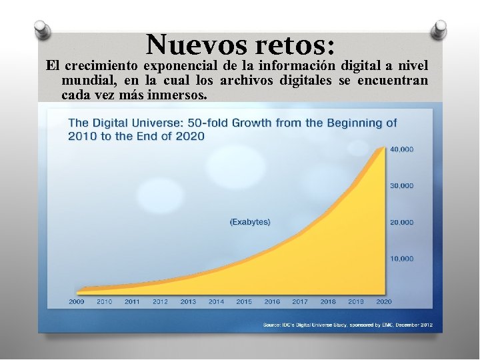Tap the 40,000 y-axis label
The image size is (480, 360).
pos(401,149)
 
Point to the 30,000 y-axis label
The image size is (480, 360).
pos(401,185)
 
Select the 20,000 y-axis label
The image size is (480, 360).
pos(401,222)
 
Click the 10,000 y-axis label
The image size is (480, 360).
pos(401,258)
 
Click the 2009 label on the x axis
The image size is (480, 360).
pos(77,302)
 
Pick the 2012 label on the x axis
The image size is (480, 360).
pos(160,302)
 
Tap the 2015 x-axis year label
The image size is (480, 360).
pos(244,302)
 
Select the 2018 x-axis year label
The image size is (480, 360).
pos(328,302)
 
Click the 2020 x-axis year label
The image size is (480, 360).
pos(384,302)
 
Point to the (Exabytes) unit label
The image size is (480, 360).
pos(250,222)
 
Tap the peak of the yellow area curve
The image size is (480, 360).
pos(383,148)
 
